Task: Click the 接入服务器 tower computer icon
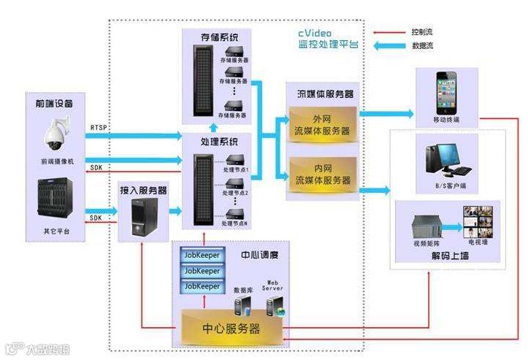coord(143,218)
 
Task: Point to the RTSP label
coord(99,127)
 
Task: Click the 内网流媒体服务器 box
coord(321,174)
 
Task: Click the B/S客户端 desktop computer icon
coord(445,156)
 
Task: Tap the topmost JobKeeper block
coord(202,255)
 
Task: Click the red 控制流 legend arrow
coord(388,32)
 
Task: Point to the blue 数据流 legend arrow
coord(388,47)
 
